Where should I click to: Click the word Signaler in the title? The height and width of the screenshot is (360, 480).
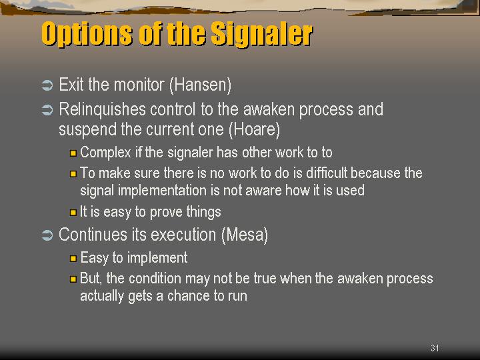point(262,34)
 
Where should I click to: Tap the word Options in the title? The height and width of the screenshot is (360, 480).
point(87,34)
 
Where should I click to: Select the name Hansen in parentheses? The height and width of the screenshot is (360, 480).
point(200,85)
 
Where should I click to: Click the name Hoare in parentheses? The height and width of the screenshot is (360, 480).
point(254,129)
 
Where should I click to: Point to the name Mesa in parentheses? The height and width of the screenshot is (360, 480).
point(245,235)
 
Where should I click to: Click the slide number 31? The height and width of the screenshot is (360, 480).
point(435,348)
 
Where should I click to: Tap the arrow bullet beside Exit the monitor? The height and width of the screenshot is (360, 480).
point(47,85)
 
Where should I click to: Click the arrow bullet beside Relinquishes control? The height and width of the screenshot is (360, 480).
point(47,110)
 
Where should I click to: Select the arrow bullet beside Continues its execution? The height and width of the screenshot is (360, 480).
point(47,235)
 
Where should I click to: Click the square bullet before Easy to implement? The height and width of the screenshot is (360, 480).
point(73,259)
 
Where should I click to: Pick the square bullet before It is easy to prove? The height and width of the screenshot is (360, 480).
point(73,213)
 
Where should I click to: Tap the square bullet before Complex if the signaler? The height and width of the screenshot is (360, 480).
point(73,153)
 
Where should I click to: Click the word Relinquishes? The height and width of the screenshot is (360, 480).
point(102,109)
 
